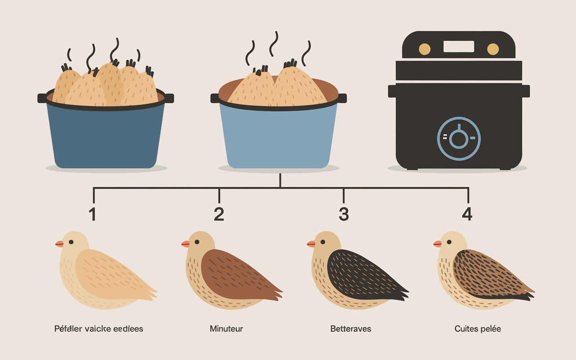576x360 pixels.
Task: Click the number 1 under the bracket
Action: pyautogui.click(x=93, y=214)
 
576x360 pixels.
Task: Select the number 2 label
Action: pyautogui.click(x=219, y=214)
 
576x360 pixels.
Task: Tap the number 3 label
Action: pyautogui.click(x=343, y=214)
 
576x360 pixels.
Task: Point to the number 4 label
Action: pyautogui.click(x=468, y=214)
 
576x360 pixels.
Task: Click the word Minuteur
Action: pyautogui.click(x=226, y=329)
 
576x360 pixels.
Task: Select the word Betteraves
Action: pyautogui.click(x=351, y=329)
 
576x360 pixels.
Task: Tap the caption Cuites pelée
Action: pyautogui.click(x=477, y=329)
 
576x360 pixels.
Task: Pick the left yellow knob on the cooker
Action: pyautogui.click(x=424, y=49)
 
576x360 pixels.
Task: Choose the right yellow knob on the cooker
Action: pyautogui.click(x=493, y=49)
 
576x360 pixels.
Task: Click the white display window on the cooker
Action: pyautogui.click(x=459, y=46)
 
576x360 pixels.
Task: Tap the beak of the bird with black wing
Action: pyautogui.click(x=311, y=244)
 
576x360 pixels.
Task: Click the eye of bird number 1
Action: pyautogui.click(x=71, y=242)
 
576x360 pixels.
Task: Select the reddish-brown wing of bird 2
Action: pyautogui.click(x=234, y=274)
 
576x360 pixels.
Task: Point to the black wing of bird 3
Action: pyautogui.click(x=360, y=274)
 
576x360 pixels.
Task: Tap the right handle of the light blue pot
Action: pyautogui.click(x=342, y=98)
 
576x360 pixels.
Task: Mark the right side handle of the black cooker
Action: pyautogui.click(x=525, y=90)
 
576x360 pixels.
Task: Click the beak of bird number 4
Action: pyautogui.click(x=437, y=244)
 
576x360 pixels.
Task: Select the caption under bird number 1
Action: pyautogui.click(x=99, y=329)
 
